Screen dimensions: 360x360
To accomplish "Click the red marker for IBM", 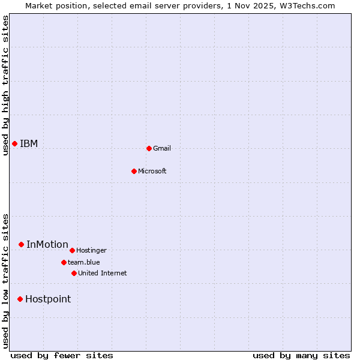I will pos(14,143).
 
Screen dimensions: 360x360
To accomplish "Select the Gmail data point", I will pos(149,148).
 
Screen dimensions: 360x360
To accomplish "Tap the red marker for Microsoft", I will pos(134,171).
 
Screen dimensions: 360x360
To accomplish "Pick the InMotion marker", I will pos(21,244).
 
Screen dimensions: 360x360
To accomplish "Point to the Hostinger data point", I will pos(72,250).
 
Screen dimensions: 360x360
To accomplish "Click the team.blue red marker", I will pos(64,262).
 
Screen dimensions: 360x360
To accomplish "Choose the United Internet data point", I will pos(74,273).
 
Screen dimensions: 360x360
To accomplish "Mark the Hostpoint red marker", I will pos(20,299).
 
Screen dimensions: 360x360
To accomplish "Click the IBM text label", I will pos(29,143).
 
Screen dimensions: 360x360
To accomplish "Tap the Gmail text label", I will pos(162,148).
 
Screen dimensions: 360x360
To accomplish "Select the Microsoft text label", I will pos(152,171).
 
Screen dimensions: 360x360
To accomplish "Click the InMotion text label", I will pos(47,244).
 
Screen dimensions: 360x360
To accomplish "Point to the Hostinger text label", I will pos(91,250).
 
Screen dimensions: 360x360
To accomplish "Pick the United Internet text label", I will pos(103,273).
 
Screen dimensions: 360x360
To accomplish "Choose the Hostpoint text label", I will pos(48,299).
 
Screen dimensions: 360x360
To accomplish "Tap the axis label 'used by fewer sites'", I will pos(62,355).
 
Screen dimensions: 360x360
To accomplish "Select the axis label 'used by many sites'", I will pos(301,355).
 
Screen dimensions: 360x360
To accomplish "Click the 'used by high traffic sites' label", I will pos(5,85).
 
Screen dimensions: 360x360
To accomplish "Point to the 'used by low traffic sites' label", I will pos(5,281).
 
